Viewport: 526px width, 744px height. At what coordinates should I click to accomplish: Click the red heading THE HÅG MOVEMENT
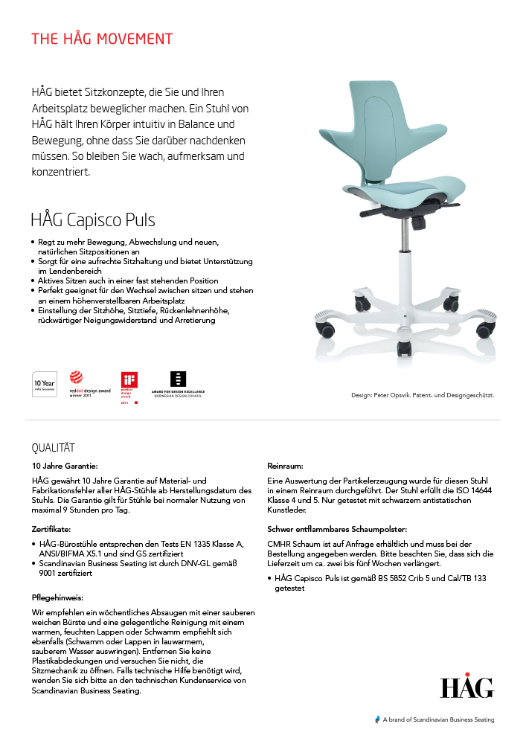[102, 39]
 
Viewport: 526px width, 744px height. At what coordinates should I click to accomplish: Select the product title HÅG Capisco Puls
[93, 220]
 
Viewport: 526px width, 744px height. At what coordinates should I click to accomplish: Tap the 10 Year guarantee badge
[45, 384]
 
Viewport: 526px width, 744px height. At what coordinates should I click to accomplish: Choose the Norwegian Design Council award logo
[178, 384]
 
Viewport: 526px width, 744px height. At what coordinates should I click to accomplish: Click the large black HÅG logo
[466, 687]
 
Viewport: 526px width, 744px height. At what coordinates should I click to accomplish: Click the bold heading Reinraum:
[284, 466]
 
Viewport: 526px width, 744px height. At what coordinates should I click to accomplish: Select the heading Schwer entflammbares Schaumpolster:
[337, 529]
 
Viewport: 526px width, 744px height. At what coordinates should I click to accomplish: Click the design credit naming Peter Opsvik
[423, 395]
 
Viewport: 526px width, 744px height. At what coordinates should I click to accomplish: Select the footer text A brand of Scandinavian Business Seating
[438, 719]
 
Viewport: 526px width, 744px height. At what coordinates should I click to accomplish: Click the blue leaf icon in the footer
[377, 719]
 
